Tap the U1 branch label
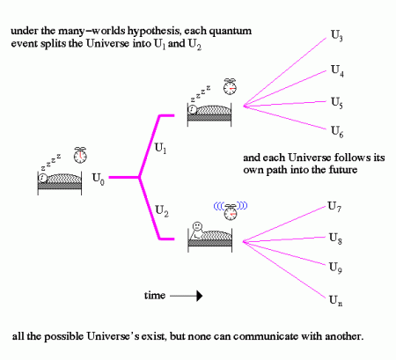click(160, 151)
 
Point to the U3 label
click(338, 37)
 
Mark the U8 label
click(335, 238)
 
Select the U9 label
click(335, 267)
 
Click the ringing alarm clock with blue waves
click(231, 210)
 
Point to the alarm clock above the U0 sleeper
click(80, 154)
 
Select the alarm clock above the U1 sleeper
click(230, 85)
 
